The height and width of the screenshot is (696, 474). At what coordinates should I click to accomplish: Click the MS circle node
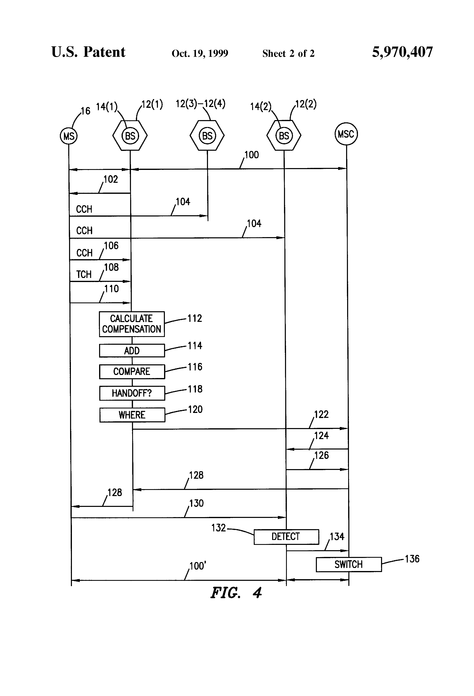(x=69, y=136)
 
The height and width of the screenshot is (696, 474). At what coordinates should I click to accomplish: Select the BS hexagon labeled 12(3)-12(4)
(x=207, y=136)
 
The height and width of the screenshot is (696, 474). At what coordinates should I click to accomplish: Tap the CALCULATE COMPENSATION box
(x=132, y=324)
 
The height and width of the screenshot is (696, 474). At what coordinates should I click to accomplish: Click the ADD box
(x=132, y=351)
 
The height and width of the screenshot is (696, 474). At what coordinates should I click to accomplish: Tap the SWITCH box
(x=349, y=564)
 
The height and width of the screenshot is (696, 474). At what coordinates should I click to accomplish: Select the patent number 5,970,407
(x=402, y=52)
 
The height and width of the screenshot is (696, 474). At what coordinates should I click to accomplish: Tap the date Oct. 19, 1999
(x=200, y=54)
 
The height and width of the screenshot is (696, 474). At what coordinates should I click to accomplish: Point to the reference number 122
(x=321, y=415)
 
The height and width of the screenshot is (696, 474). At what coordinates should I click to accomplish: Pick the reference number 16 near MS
(x=85, y=111)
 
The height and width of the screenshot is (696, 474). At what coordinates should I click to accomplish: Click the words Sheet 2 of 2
(x=288, y=54)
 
